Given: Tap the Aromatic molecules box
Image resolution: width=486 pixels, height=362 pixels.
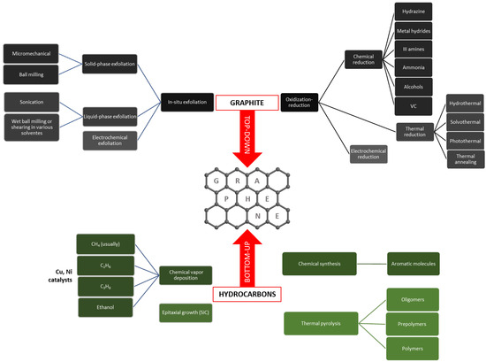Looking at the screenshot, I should pyautogui.click(x=418, y=263).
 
